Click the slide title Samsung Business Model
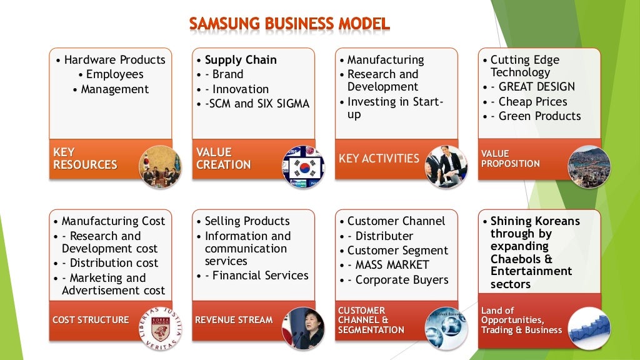(x=289, y=24)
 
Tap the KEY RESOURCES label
(x=85, y=159)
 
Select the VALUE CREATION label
(x=223, y=159)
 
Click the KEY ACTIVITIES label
(x=379, y=159)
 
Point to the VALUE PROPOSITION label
(x=510, y=159)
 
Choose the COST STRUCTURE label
(x=91, y=320)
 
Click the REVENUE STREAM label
(x=234, y=320)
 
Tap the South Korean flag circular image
(x=304, y=167)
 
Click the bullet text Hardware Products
(x=114, y=60)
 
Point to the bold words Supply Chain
(x=241, y=60)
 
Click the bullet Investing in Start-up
(x=395, y=108)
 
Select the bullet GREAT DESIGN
(x=536, y=87)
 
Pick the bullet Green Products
(x=539, y=116)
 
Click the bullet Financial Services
(x=261, y=276)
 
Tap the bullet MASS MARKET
(x=392, y=265)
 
